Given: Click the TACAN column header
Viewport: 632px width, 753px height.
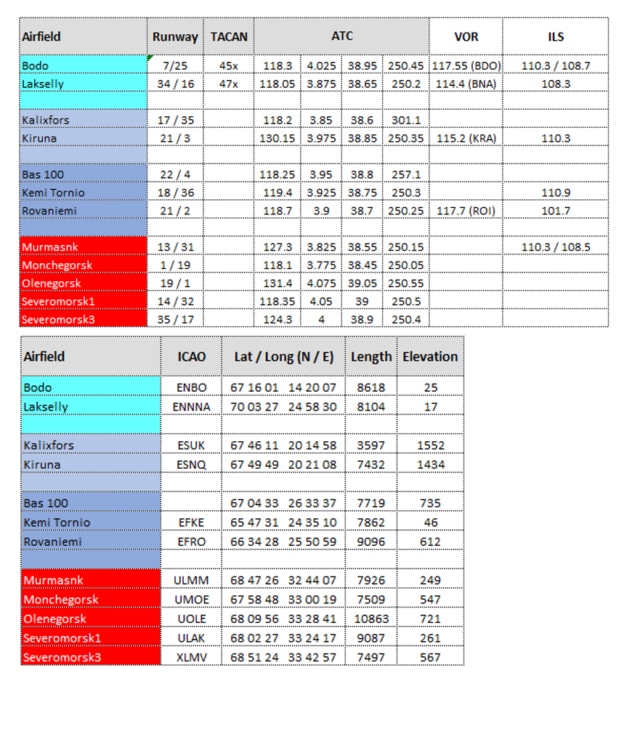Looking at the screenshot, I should click(229, 36).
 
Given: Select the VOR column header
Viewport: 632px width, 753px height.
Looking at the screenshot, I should click(466, 36).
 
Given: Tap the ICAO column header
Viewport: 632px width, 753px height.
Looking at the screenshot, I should click(192, 357).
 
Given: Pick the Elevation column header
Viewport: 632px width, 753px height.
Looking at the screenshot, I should click(430, 357).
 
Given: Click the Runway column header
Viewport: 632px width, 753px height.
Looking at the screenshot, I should click(175, 36).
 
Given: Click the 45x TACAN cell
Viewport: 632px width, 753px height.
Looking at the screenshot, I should click(229, 65).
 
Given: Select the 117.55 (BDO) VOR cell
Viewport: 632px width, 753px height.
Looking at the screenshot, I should click(466, 65).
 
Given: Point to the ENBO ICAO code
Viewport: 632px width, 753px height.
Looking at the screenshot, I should click(192, 387).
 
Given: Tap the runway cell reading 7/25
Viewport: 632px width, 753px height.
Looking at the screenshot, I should click(175, 65).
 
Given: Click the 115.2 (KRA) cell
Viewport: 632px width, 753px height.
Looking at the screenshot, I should click(466, 138).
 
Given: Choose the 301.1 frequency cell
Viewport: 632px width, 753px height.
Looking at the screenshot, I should click(405, 120).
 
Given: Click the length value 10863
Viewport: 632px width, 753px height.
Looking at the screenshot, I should click(370, 619).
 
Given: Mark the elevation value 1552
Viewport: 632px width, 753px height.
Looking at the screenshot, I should click(431, 445).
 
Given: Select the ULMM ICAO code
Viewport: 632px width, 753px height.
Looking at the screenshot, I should click(192, 580).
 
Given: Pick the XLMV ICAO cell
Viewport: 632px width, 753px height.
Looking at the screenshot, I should click(192, 657).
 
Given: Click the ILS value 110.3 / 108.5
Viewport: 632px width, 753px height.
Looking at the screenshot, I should click(556, 247).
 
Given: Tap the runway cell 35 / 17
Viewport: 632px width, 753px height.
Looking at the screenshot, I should click(176, 319).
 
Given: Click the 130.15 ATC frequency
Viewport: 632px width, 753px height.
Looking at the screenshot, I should click(277, 138).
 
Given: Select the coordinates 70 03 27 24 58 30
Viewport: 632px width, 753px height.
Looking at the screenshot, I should click(283, 406).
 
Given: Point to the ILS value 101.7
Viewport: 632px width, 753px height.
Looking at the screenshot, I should click(556, 211).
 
